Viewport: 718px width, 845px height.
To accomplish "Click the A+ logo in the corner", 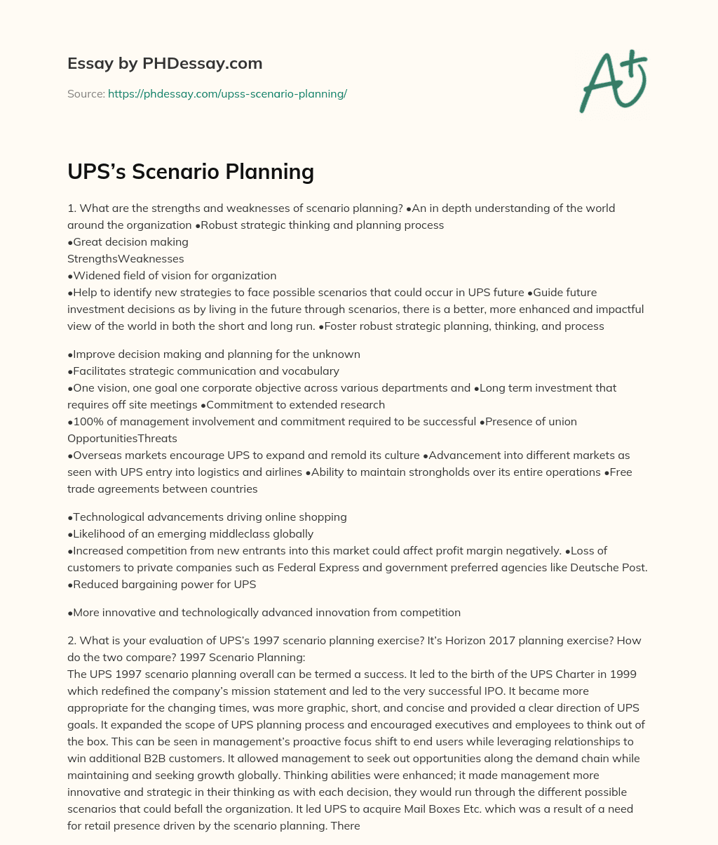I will pos(613,81).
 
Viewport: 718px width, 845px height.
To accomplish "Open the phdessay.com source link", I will pos(227,93).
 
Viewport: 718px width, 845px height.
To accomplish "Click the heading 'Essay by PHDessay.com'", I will pos(165,63).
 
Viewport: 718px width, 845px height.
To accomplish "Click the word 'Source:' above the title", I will pos(86,93).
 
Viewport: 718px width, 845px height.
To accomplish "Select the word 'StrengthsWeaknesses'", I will pos(126,258).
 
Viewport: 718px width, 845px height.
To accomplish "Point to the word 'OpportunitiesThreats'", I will pos(122,438).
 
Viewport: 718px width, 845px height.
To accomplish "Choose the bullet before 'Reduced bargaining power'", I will pos(70,584).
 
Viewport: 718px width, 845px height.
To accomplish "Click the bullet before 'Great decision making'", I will pos(70,241).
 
